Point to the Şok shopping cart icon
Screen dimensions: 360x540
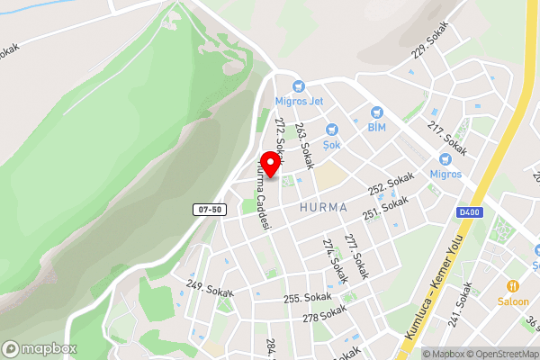click(331, 130)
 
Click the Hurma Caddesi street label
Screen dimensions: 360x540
click(262, 199)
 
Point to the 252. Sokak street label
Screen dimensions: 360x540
click(391, 183)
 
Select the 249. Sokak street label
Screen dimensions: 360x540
click(209, 287)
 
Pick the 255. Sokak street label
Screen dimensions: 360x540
click(308, 297)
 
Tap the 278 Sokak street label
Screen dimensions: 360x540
click(324, 317)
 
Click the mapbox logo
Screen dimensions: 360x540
click(40, 348)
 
